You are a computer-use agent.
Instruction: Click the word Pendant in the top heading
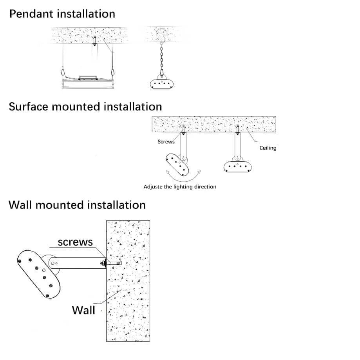[x=31, y=14]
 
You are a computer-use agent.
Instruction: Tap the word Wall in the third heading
[x=20, y=205]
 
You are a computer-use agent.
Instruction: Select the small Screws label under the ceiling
[x=166, y=142]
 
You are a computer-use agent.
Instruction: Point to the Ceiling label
[x=268, y=148]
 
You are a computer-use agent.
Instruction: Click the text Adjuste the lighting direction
[x=180, y=186]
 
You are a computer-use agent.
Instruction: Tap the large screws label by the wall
[x=75, y=242]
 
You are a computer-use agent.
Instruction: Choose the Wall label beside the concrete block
[x=83, y=310]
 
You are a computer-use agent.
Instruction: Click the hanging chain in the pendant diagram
[x=162, y=58]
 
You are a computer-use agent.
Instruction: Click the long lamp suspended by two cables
[x=88, y=84]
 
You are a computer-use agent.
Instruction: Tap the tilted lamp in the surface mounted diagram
[x=177, y=165]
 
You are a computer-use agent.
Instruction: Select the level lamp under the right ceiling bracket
[x=237, y=167]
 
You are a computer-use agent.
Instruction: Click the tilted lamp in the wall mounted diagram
[x=38, y=274]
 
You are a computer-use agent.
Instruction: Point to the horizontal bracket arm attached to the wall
[x=77, y=263]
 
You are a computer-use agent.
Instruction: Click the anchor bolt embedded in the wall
[x=114, y=263]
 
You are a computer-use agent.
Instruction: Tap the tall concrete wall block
[x=128, y=281]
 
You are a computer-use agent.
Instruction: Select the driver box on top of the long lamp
[x=88, y=78]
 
